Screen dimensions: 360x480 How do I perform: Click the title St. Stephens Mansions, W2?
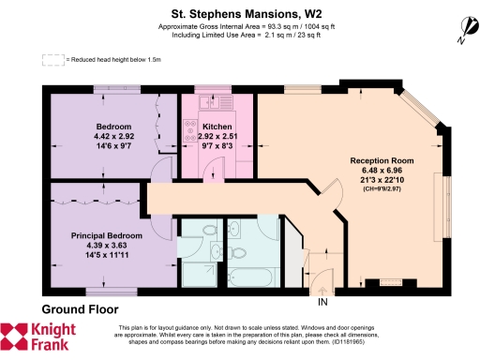pos(239,14)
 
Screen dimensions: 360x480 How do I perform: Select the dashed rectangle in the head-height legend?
pos(52,60)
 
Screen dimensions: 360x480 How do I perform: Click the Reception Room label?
pos(382,161)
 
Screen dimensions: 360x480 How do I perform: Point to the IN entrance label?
pos(323,302)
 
